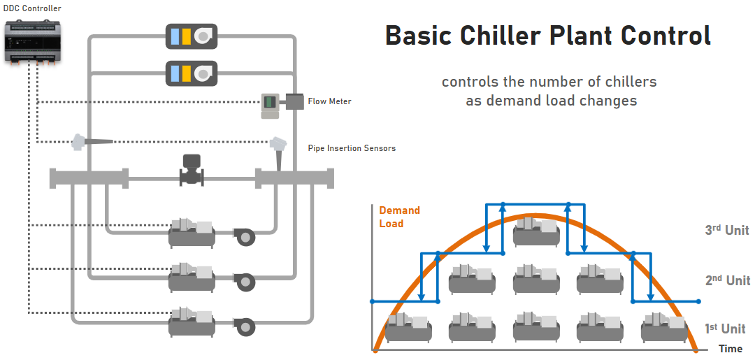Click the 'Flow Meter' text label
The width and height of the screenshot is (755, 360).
coord(329,101)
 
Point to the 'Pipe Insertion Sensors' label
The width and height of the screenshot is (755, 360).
coord(352,148)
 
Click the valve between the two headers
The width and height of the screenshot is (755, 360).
coord(191,169)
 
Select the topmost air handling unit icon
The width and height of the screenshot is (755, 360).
coord(191,36)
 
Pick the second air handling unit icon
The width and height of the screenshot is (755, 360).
coord(191,73)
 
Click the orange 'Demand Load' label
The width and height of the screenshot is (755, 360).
coord(399,217)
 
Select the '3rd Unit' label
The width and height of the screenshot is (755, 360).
coord(727,230)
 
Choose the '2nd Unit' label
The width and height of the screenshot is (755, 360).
coord(727,280)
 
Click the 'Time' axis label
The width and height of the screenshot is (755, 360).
coord(731,349)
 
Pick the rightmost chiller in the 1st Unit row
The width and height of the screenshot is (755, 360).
coord(664,326)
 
